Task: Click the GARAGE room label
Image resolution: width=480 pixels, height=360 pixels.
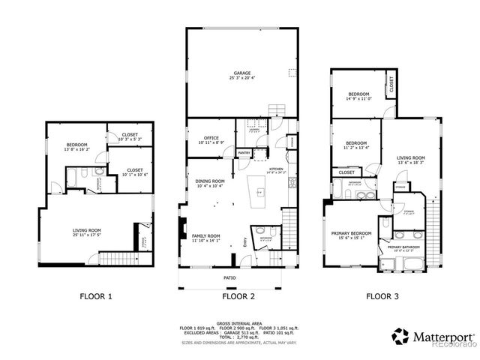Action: tap(240, 73)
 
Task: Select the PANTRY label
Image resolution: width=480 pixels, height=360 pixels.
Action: tap(244, 152)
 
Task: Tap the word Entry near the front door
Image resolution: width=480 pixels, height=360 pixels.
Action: tap(244, 241)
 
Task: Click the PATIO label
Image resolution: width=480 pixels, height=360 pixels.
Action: tap(229, 278)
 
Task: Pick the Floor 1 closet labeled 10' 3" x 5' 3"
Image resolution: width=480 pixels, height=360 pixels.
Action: tap(129, 136)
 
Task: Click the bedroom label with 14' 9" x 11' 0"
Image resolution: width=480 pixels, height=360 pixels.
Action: tap(358, 94)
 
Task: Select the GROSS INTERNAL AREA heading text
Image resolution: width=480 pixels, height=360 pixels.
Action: tap(239, 319)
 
